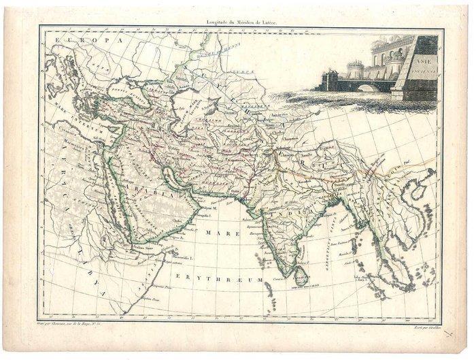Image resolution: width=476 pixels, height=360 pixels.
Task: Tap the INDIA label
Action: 300,214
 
